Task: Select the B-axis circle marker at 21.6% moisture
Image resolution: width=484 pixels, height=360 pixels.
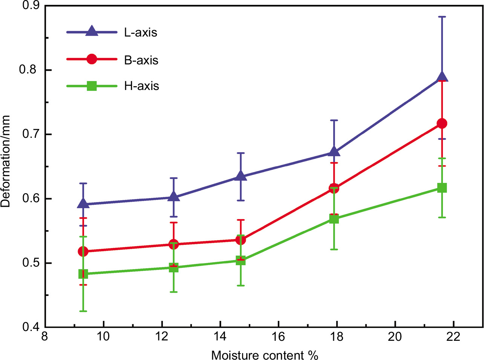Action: [x=442, y=124]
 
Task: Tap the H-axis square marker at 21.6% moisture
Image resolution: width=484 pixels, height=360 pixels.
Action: [x=442, y=188]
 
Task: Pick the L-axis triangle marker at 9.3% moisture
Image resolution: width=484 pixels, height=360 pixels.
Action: [x=83, y=204]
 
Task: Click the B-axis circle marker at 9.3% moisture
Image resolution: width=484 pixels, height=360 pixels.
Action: [x=83, y=252]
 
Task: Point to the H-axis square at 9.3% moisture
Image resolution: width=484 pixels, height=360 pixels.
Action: [x=83, y=274]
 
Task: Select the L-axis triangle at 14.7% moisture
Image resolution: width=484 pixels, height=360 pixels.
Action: [x=240, y=176]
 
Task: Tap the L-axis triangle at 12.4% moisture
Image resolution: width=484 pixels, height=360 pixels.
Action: [x=173, y=197]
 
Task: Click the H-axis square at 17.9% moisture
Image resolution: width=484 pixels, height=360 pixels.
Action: [x=334, y=219]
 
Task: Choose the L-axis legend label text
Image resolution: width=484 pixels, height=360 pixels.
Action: [x=141, y=33]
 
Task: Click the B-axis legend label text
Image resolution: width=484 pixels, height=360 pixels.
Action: [x=141, y=60]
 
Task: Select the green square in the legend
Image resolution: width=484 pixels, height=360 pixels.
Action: [x=92, y=86]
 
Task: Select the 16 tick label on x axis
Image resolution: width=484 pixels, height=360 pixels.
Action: [x=278, y=336]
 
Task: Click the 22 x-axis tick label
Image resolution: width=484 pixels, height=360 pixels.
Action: [x=453, y=336]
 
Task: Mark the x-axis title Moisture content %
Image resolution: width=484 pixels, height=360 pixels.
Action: [x=265, y=355]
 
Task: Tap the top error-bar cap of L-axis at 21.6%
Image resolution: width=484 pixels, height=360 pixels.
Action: [x=442, y=17]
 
